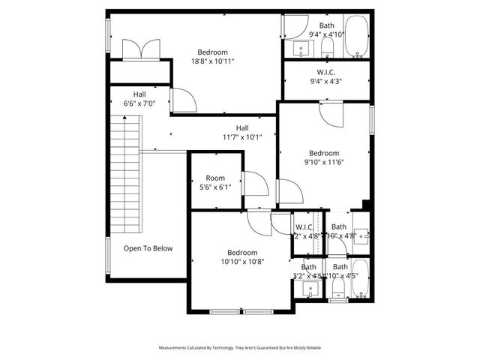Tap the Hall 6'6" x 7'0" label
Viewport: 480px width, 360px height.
coord(139,99)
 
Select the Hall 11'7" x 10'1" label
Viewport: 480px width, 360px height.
coord(242,133)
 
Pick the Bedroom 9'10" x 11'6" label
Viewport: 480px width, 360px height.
coord(324,157)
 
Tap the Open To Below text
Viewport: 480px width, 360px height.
coord(148,248)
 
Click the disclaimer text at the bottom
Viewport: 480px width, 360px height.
coord(240,348)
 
